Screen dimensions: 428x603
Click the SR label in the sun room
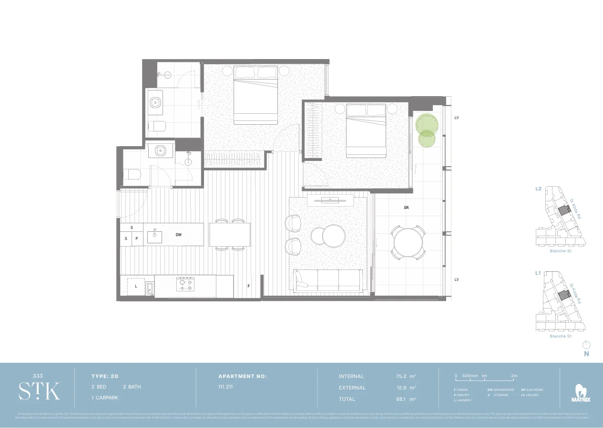click(406, 208)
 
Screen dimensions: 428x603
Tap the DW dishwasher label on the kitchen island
click(179, 235)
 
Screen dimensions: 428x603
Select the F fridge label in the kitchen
click(248, 286)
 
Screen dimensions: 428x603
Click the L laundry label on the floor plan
click(136, 286)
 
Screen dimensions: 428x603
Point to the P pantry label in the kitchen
click(137, 239)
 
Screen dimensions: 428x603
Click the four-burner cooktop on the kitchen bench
click(185, 284)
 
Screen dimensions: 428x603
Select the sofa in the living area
click(329, 280)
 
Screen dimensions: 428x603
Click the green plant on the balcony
click(427, 129)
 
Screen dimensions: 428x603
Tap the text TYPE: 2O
click(105, 376)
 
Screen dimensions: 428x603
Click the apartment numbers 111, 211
click(226, 387)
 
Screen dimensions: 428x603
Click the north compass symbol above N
click(587, 344)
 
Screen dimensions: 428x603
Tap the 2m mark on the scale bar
click(514, 376)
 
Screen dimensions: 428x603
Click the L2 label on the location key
click(538, 189)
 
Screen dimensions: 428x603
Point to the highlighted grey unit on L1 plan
click(565, 295)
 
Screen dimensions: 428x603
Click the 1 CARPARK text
click(105, 398)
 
